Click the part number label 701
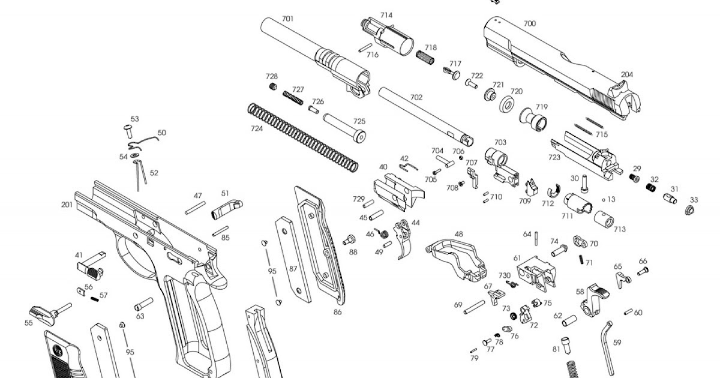click(288, 19)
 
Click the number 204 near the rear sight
click(627, 75)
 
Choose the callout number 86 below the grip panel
click(338, 313)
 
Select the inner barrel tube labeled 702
click(426, 113)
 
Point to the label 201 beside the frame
click(67, 205)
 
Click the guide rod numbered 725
click(346, 127)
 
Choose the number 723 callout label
click(554, 157)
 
